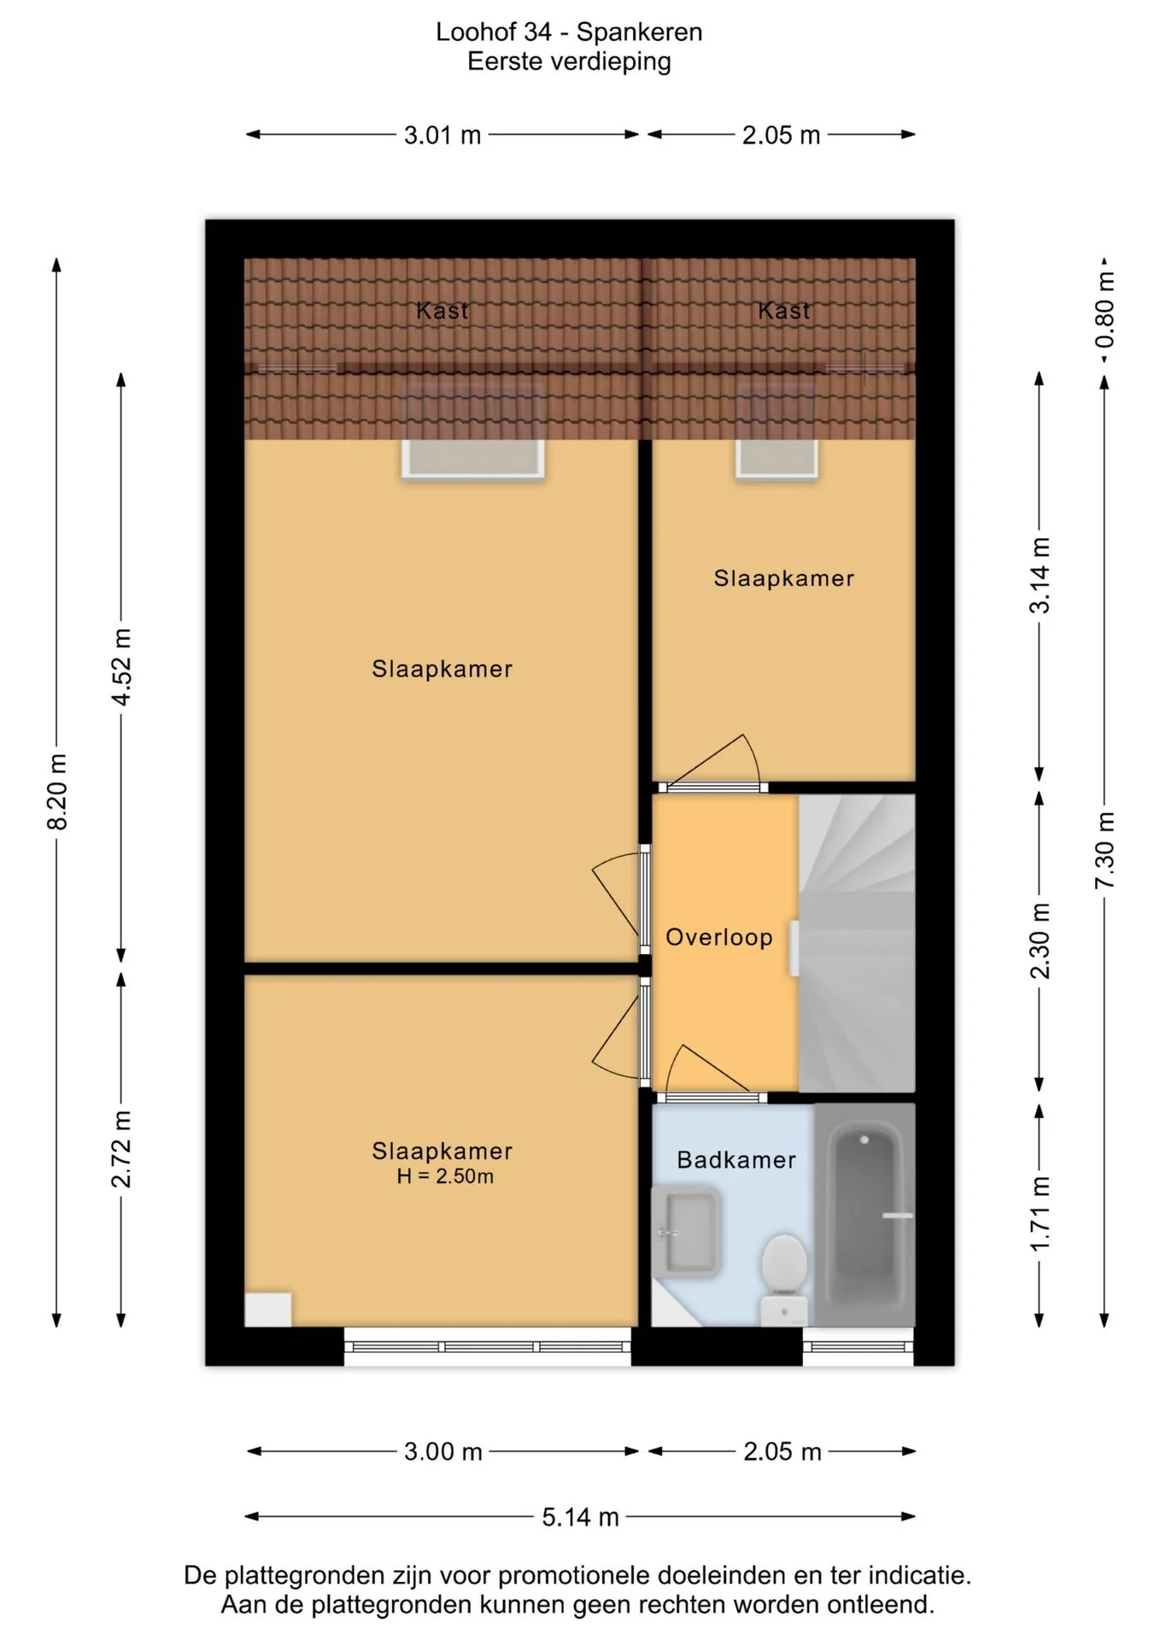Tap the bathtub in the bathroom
pos(864,1215)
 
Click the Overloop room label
pos(719,937)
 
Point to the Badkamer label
pos(736,1159)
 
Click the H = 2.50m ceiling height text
pos(445,1176)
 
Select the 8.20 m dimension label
pos(57,792)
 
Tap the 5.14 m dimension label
pos(580,1517)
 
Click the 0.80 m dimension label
pos(1104,309)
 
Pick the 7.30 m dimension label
pos(1104,850)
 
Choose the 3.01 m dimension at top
pos(442,135)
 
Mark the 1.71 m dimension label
pos(1040,1214)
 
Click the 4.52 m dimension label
pos(122,667)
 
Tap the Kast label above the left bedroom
pos(442,310)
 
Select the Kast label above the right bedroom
pos(784,310)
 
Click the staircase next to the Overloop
pos(857,943)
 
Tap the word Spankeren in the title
pos(639,32)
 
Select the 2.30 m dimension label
pos(1040,940)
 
